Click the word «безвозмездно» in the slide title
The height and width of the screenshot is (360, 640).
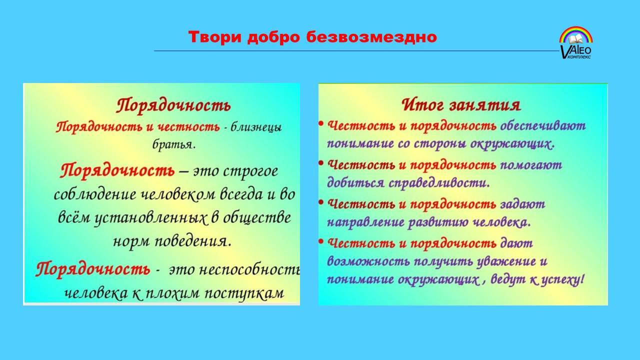371,37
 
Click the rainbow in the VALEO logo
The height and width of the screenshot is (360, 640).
576,35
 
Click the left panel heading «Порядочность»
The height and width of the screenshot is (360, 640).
173,105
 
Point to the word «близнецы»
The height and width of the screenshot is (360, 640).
256,127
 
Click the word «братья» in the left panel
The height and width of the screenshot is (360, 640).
173,144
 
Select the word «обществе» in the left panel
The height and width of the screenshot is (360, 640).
257,217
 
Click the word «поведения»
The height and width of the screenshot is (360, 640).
193,241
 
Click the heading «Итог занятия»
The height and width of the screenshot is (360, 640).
461,105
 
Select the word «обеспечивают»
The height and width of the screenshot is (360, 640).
543,125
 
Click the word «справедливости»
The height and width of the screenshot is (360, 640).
439,183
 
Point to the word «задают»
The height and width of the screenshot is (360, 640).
522,204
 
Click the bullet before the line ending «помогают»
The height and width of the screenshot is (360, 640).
321,163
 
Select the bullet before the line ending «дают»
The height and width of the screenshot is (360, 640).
321,241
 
